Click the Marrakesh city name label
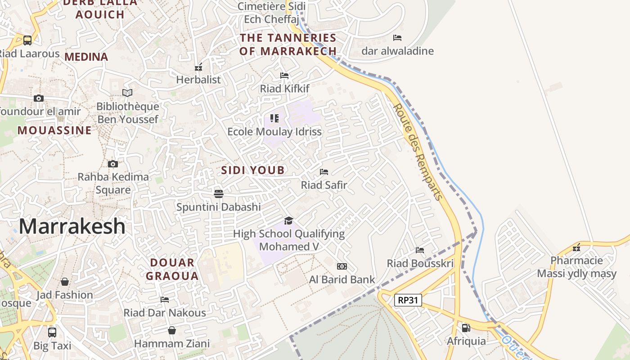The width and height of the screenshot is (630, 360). [72, 226]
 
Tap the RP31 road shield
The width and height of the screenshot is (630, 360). [408, 300]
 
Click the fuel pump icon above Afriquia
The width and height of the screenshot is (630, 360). [466, 328]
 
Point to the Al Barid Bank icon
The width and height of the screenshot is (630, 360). [342, 266]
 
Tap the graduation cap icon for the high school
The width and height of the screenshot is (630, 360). [288, 220]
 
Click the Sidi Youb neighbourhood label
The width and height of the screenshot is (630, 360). [253, 170]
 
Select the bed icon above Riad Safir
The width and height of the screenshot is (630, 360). [324, 172]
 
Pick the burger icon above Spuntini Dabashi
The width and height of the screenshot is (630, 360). [219, 194]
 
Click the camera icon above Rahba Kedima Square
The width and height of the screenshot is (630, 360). [113, 164]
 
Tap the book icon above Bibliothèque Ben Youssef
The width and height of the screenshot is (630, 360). [128, 93]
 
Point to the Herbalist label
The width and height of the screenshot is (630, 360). [198, 80]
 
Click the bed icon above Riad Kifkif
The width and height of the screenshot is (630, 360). [284, 75]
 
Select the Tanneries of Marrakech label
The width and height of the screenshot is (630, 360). [288, 44]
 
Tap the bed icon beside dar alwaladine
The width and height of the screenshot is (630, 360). [397, 38]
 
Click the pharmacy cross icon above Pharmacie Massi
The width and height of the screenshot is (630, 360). [576, 247]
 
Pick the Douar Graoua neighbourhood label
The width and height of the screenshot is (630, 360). [172, 269]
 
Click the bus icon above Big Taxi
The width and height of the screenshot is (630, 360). [52, 333]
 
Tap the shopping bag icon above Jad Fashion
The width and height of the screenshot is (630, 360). [65, 282]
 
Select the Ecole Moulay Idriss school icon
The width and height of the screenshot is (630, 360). [274, 118]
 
